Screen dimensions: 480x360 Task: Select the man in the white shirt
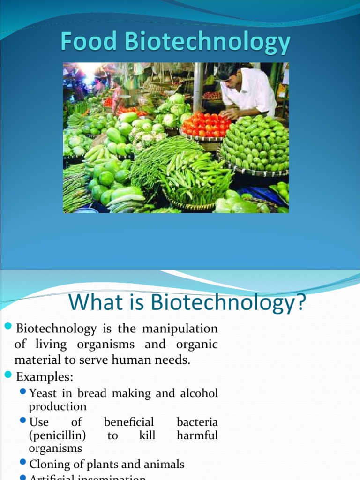(247, 91)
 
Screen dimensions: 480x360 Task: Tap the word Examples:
(45, 376)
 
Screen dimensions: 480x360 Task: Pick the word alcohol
(199, 393)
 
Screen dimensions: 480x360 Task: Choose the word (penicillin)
(57, 435)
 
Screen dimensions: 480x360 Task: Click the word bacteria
(197, 422)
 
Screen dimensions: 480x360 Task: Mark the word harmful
(197, 435)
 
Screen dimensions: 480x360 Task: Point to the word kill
(147, 435)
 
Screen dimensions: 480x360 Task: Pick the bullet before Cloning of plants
(23, 463)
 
